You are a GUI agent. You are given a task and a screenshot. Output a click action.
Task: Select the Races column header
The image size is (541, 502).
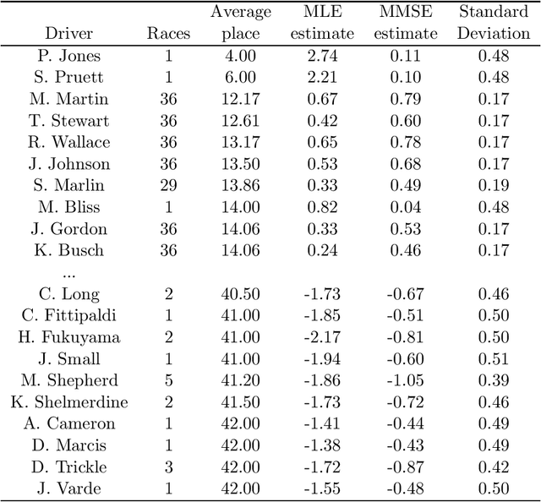coord(168,34)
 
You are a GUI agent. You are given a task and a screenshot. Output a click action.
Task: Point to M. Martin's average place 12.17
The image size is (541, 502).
coord(241,100)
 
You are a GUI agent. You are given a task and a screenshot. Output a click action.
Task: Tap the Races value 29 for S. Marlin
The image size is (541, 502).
coord(168,186)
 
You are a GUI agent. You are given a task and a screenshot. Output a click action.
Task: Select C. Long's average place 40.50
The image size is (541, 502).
coord(241,294)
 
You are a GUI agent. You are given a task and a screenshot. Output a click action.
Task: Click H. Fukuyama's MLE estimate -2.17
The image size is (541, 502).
coord(326,337)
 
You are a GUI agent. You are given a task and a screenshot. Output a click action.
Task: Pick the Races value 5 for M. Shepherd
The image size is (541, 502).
coord(168,380)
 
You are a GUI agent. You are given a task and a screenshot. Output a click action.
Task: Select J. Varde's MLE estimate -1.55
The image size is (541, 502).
coord(326,488)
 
